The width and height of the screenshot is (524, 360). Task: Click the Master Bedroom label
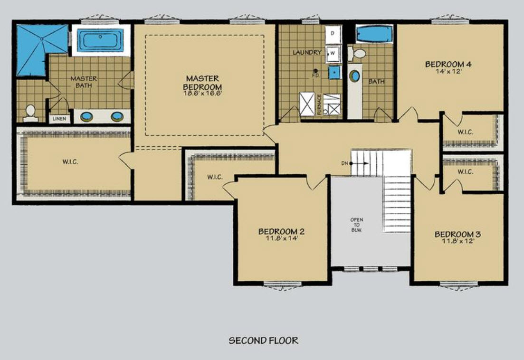point(202,83)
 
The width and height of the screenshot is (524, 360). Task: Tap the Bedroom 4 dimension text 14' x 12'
point(448,71)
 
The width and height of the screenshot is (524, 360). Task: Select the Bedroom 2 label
point(281,231)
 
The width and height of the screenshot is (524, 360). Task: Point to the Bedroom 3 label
point(457,234)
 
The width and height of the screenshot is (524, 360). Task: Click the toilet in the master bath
point(30,113)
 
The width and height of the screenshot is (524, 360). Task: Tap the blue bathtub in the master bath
point(100,40)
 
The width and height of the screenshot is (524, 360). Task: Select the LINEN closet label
point(59,119)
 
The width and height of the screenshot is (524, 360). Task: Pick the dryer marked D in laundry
point(333,34)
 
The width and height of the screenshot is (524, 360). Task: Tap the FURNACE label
point(319,104)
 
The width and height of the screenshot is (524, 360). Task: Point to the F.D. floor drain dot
point(315,71)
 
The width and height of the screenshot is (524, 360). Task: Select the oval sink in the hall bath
point(355,76)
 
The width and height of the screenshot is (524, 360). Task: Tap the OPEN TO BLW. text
point(357,225)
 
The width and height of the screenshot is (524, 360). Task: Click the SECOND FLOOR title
point(263,341)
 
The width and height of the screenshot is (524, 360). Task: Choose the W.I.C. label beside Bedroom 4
point(465,132)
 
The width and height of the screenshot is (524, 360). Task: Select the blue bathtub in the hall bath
point(374,34)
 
